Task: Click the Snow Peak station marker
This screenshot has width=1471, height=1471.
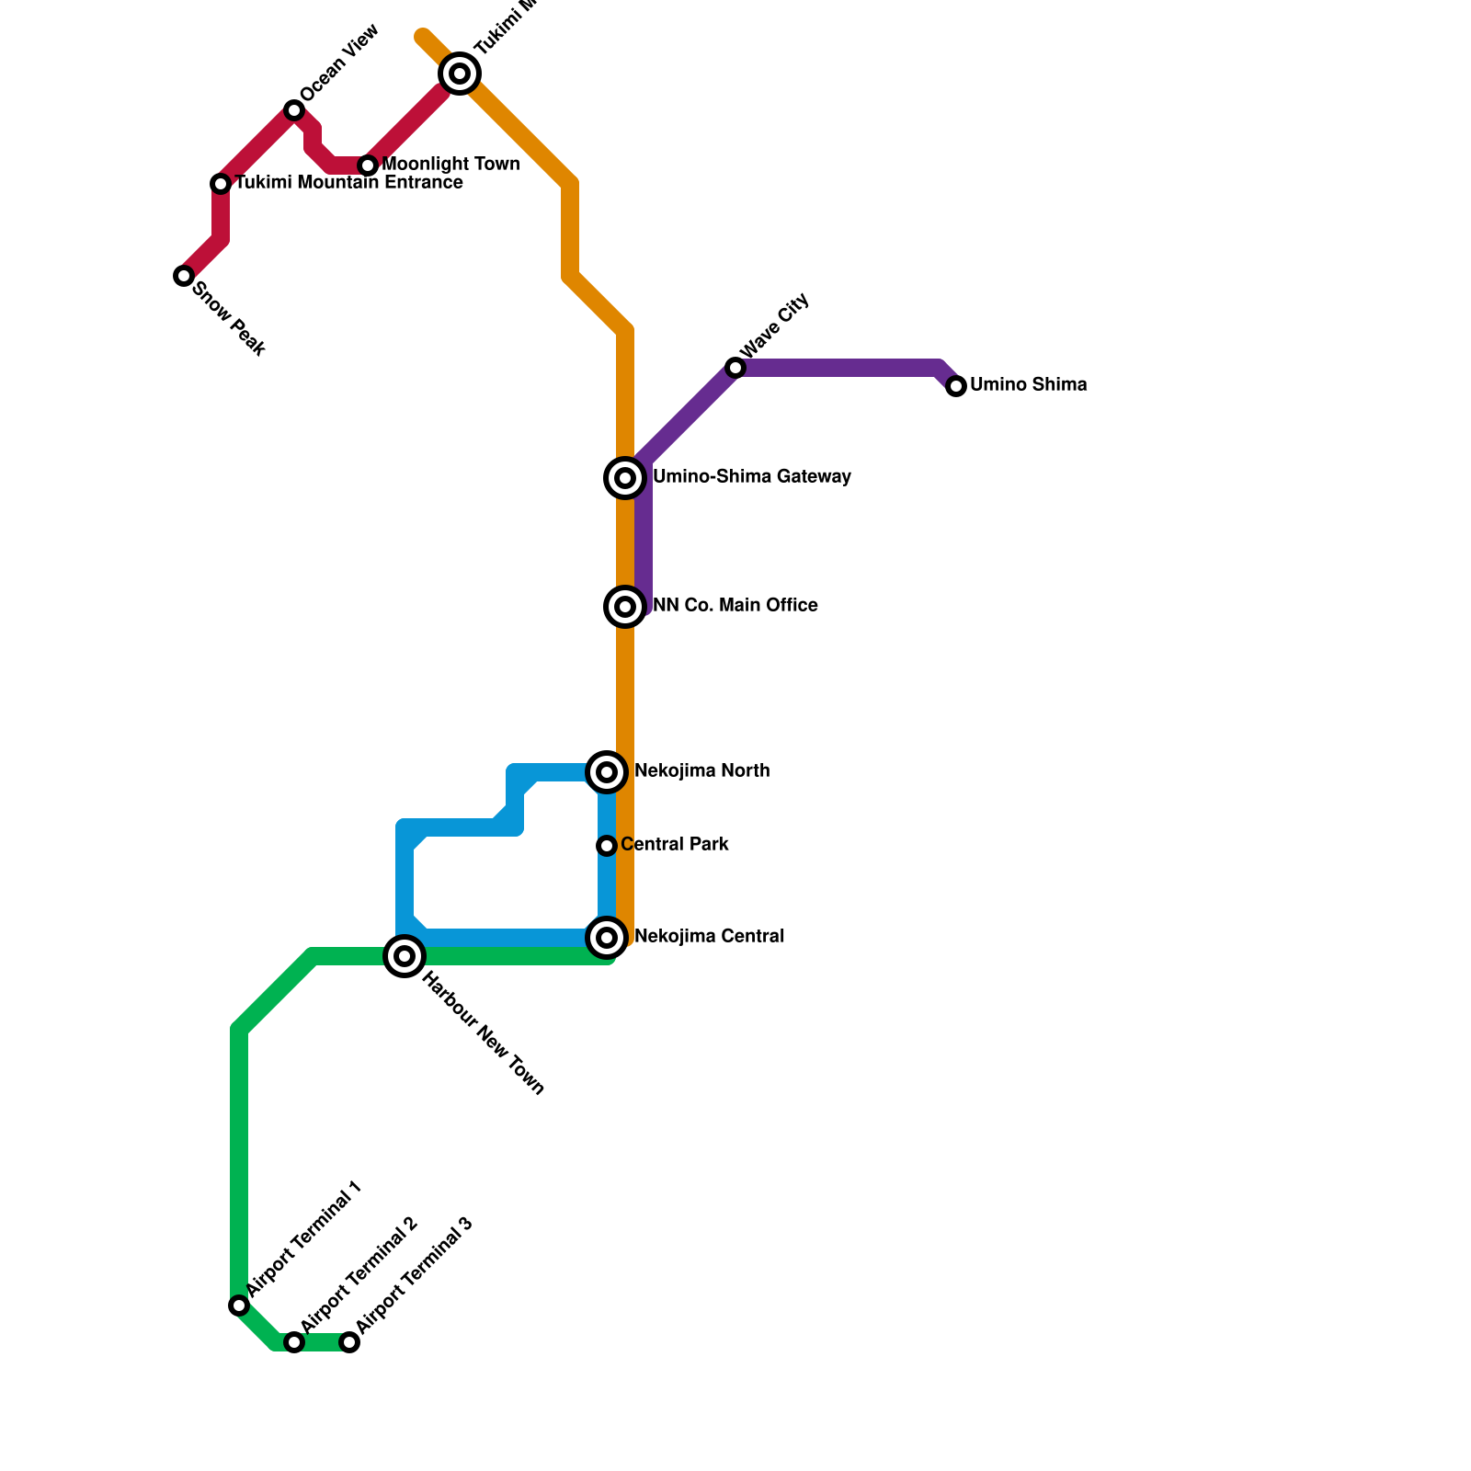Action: click(x=184, y=276)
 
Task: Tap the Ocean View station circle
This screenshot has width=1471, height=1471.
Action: click(x=294, y=110)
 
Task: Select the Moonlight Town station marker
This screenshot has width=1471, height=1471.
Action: click(x=368, y=165)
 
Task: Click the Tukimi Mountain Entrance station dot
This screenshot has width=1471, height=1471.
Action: click(x=221, y=184)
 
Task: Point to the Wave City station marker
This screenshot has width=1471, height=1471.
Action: click(x=735, y=368)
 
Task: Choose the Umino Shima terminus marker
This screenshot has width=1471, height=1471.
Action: click(x=956, y=386)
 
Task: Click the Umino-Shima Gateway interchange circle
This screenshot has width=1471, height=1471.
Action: click(x=625, y=478)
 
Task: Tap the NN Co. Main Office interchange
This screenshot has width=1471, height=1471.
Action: click(x=625, y=607)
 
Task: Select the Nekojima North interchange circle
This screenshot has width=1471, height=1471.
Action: click(x=607, y=772)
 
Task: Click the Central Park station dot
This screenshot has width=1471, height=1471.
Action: click(x=607, y=846)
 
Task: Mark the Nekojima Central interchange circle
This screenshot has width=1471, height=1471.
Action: click(x=607, y=938)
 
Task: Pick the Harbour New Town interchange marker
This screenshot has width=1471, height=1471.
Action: click(x=405, y=956)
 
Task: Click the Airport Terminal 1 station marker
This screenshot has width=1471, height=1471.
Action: click(x=239, y=1306)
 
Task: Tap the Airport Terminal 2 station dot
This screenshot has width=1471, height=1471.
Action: click(x=294, y=1342)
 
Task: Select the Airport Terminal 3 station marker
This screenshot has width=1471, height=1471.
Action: click(x=349, y=1342)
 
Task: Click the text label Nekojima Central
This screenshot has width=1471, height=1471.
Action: click(x=709, y=937)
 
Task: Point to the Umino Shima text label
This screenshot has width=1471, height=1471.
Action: click(x=1028, y=385)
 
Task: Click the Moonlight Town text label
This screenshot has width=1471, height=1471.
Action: click(x=450, y=165)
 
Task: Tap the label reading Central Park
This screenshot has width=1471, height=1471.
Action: click(x=674, y=845)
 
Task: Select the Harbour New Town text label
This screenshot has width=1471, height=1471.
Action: click(x=484, y=1034)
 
